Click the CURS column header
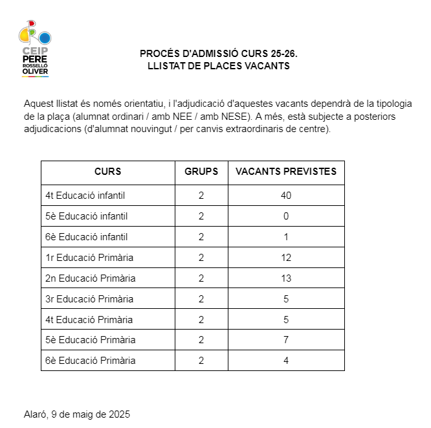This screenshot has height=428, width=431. coord(107,172)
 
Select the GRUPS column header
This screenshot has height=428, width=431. coord(201,172)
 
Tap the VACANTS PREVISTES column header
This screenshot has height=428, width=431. coord(286,172)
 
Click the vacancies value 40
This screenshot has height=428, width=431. coord(286,196)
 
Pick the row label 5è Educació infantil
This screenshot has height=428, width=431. coord(87,216)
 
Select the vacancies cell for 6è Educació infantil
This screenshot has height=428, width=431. coord(286,237)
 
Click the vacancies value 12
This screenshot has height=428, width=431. coord(286,258)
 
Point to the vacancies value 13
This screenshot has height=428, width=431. coord(286,278)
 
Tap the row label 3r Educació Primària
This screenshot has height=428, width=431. coord(89,299)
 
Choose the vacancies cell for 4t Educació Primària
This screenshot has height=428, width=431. coord(286,320)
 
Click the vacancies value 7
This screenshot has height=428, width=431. coord(286,340)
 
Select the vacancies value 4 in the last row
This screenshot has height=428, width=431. coord(286,361)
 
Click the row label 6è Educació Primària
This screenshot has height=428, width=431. coord(91,361)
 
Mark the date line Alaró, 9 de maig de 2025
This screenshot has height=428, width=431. coord(76,414)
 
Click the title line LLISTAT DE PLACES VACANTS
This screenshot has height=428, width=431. coord(219,66)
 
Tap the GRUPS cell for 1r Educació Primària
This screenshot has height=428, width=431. coord(201,258)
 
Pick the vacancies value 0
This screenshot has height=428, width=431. coord(286,216)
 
